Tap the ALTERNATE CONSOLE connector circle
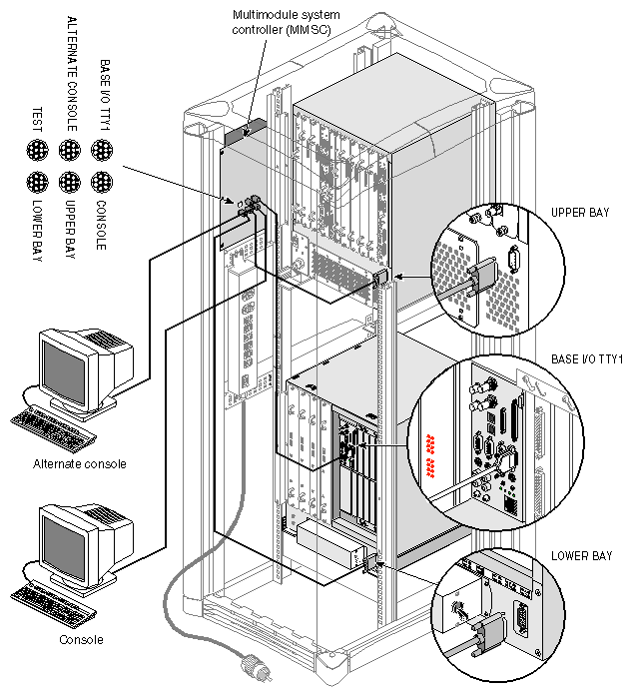70,150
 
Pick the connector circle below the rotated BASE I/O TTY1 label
102,150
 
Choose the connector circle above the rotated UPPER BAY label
70,183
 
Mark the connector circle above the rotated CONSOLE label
102,183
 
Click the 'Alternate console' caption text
79,463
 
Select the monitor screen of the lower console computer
70,545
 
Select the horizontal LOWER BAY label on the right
582,554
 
